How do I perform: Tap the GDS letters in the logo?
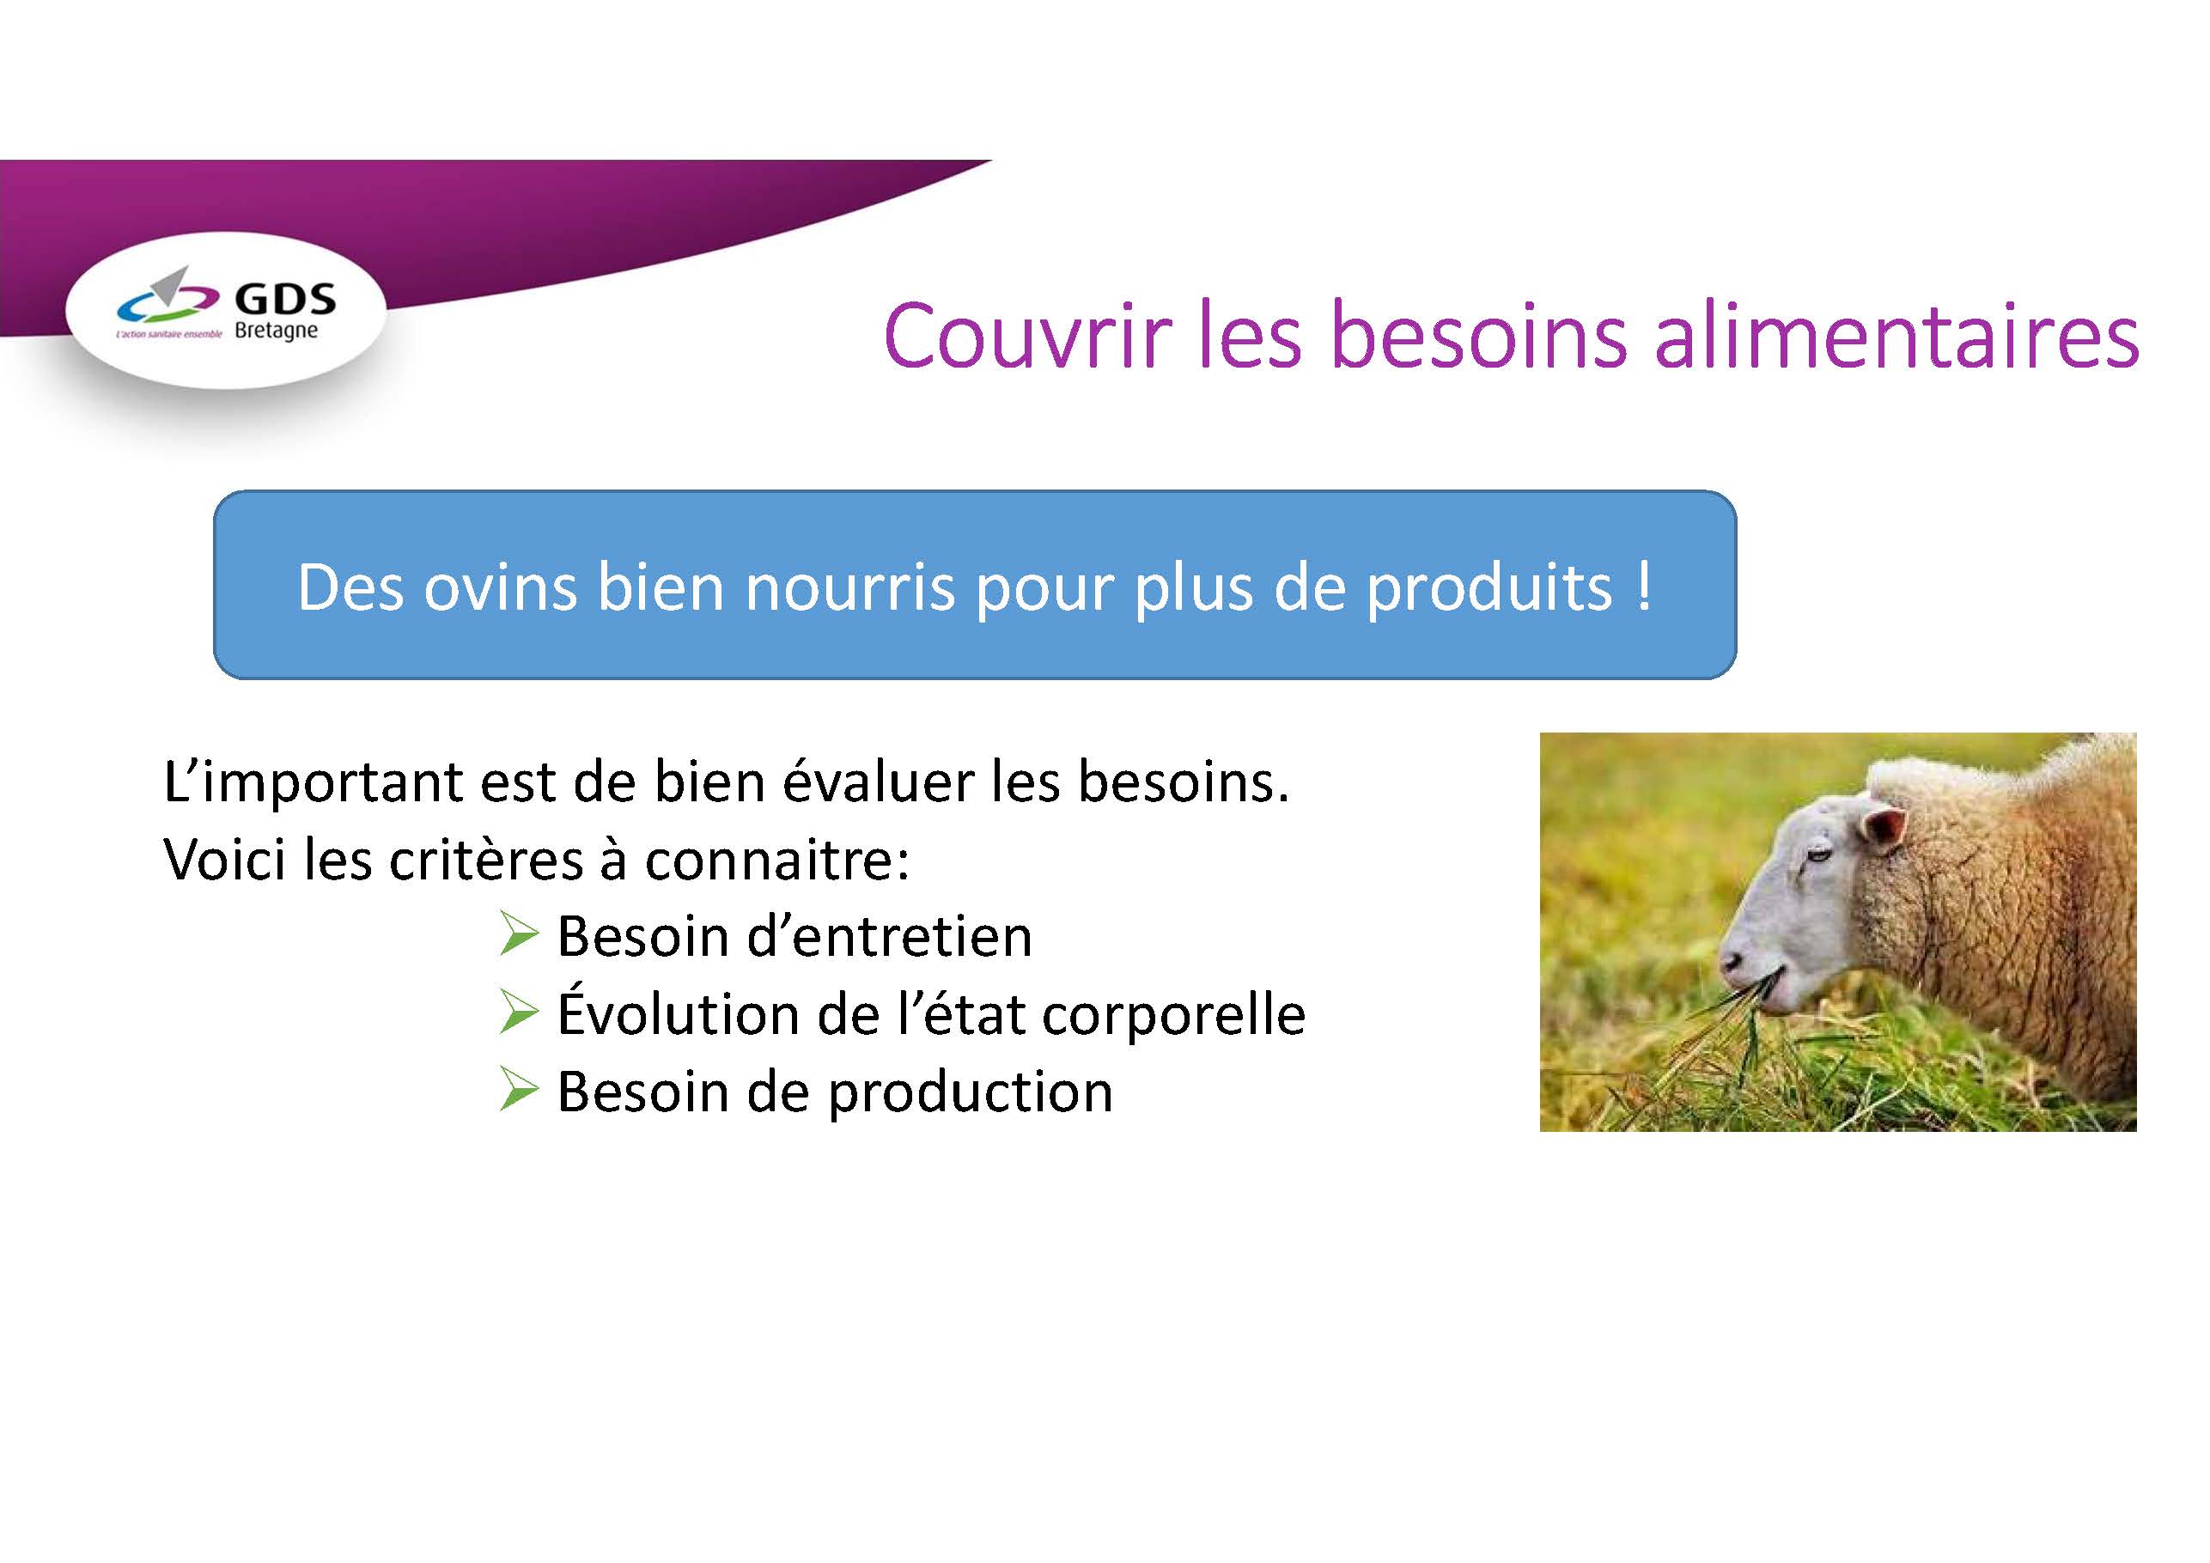coord(286,300)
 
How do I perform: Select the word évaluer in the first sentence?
coord(878,781)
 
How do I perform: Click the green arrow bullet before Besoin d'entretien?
coord(519,934)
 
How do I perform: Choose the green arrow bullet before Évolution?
coord(519,1013)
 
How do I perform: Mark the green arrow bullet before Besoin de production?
coord(519,1092)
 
